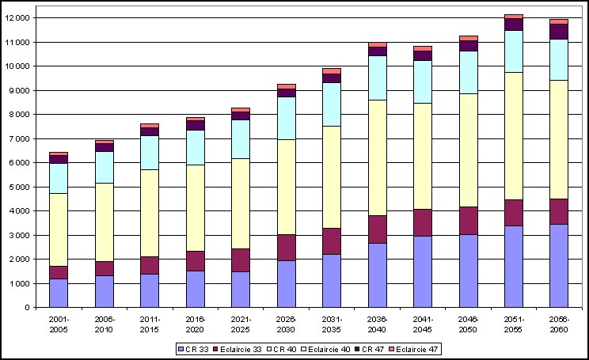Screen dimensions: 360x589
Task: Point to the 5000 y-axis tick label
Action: [20, 187]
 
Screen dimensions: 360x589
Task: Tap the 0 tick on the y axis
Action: [28, 308]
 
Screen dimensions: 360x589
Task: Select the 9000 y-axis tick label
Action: [20, 90]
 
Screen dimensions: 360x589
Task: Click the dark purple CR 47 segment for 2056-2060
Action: [559, 32]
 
